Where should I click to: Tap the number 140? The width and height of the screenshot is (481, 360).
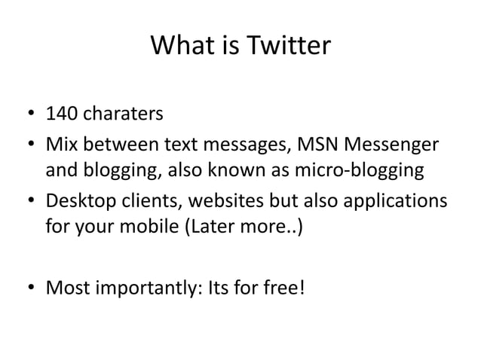62,115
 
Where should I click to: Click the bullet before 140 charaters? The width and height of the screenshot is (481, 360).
28,116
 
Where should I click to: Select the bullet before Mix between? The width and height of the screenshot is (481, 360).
28,144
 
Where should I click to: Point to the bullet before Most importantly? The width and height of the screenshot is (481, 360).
28,288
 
